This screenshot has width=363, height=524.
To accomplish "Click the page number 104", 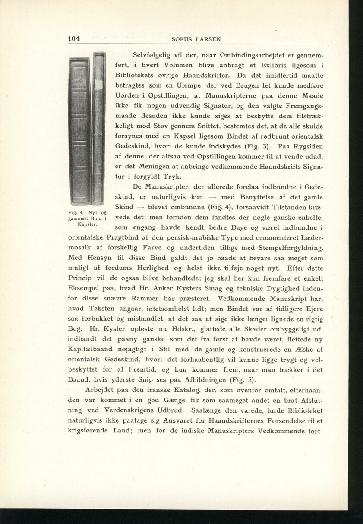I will pyautogui.click(x=74, y=39).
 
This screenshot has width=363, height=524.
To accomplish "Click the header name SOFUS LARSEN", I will pyautogui.click(x=196, y=39).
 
